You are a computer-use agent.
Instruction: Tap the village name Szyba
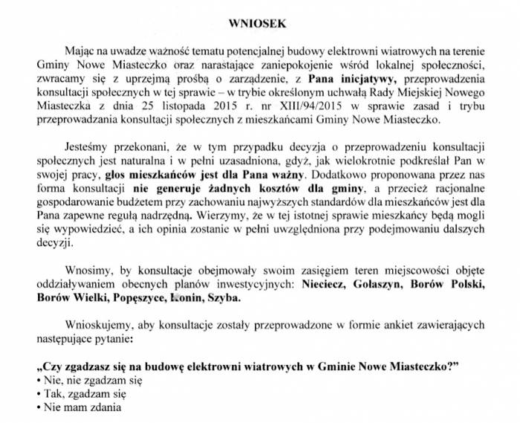click(x=226, y=298)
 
